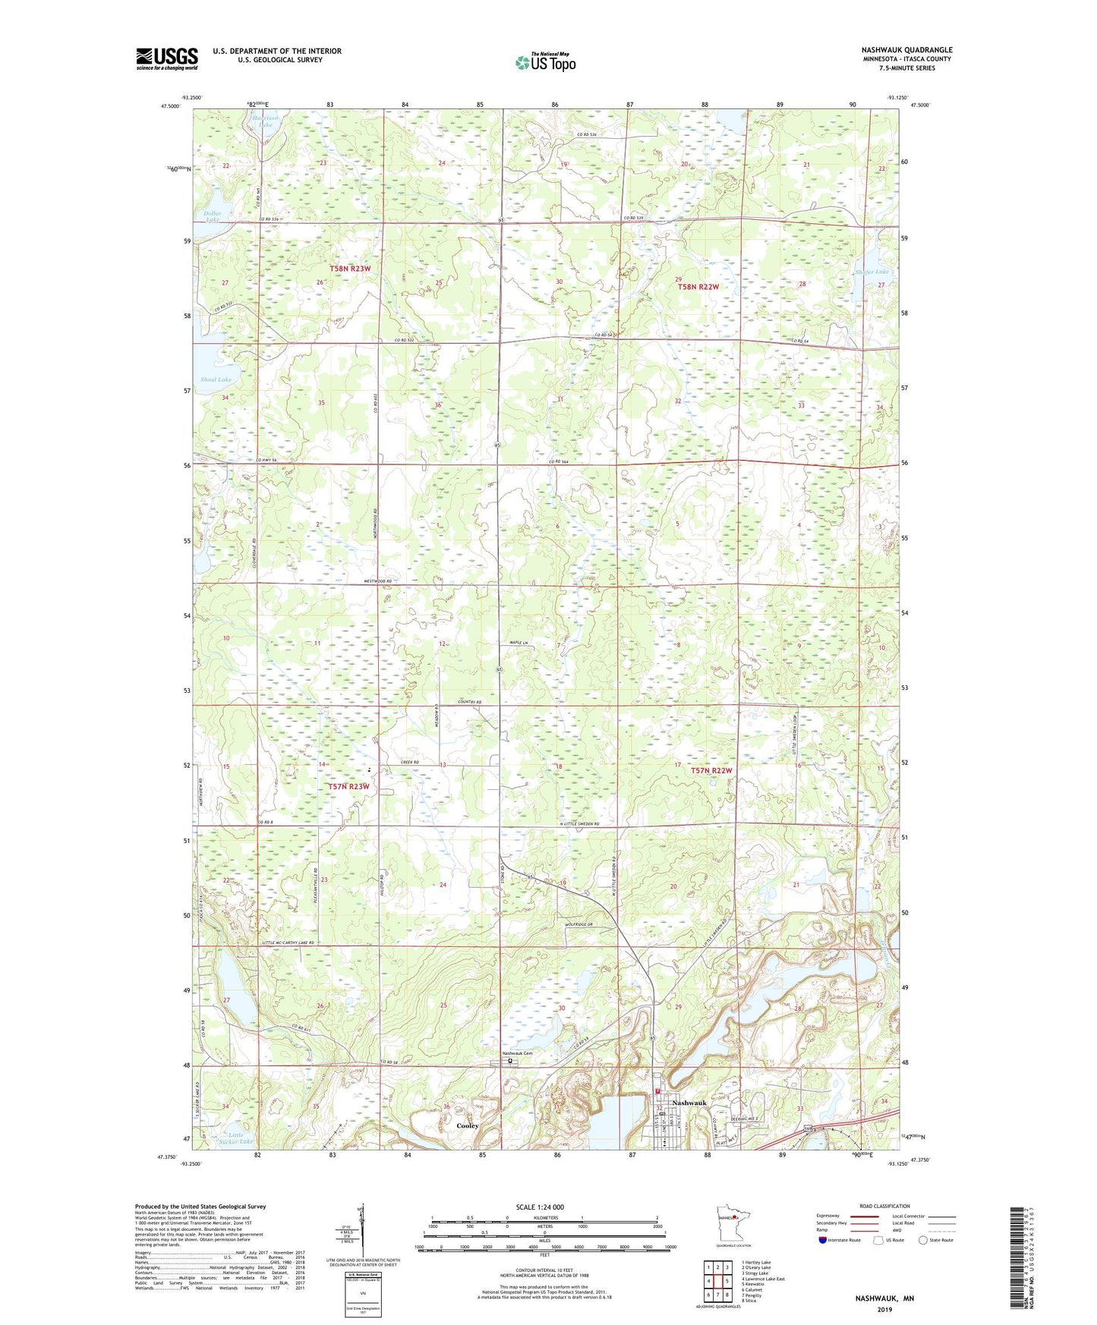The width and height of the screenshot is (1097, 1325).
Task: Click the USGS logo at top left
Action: point(166,58)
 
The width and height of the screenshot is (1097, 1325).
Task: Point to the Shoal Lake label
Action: point(216,379)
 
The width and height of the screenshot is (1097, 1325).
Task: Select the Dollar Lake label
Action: point(213,217)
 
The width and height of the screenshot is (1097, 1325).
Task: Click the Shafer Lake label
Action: point(871,272)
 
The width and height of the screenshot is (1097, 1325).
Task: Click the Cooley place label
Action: point(468,1125)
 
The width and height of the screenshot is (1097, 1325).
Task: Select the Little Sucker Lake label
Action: point(235,1137)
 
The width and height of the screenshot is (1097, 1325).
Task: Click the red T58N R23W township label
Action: point(355,269)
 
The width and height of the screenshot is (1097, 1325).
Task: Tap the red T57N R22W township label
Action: point(711,770)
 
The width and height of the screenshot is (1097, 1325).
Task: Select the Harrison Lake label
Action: point(265,121)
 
